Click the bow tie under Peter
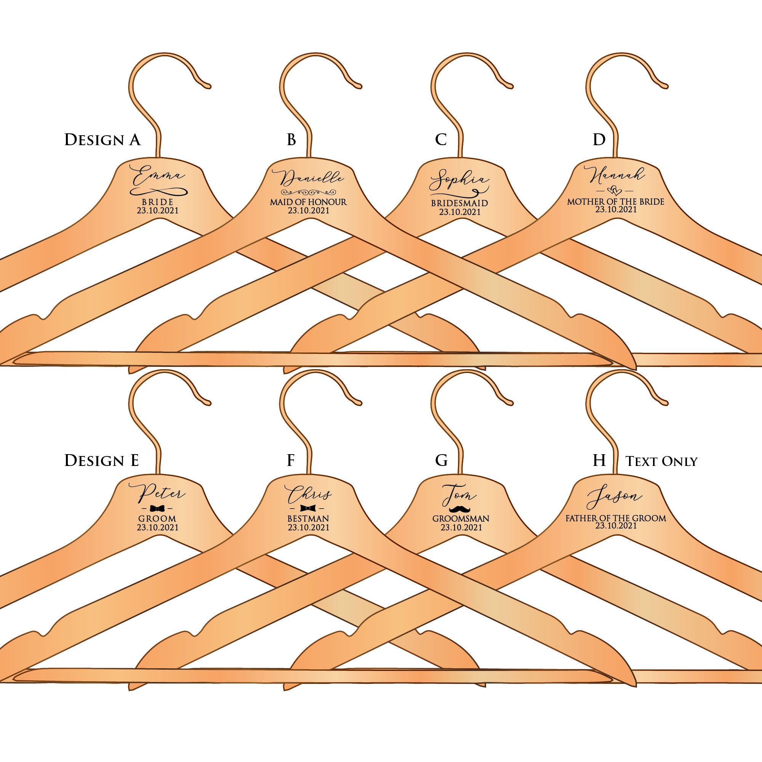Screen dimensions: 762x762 click(x=158, y=508)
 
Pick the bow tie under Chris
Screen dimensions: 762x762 click(x=308, y=508)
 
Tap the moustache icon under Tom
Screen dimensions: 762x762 click(x=460, y=509)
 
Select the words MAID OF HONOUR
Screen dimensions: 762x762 click(x=309, y=202)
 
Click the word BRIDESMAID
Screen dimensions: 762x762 click(x=459, y=203)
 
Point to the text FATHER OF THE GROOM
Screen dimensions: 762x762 click(x=616, y=518)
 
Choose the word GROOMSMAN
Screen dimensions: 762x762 click(x=461, y=518)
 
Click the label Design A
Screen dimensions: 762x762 click(x=102, y=139)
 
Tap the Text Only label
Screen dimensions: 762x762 click(x=661, y=461)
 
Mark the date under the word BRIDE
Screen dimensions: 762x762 click(x=158, y=210)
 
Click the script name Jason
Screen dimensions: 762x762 click(x=614, y=498)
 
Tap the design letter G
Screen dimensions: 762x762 click(x=441, y=460)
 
